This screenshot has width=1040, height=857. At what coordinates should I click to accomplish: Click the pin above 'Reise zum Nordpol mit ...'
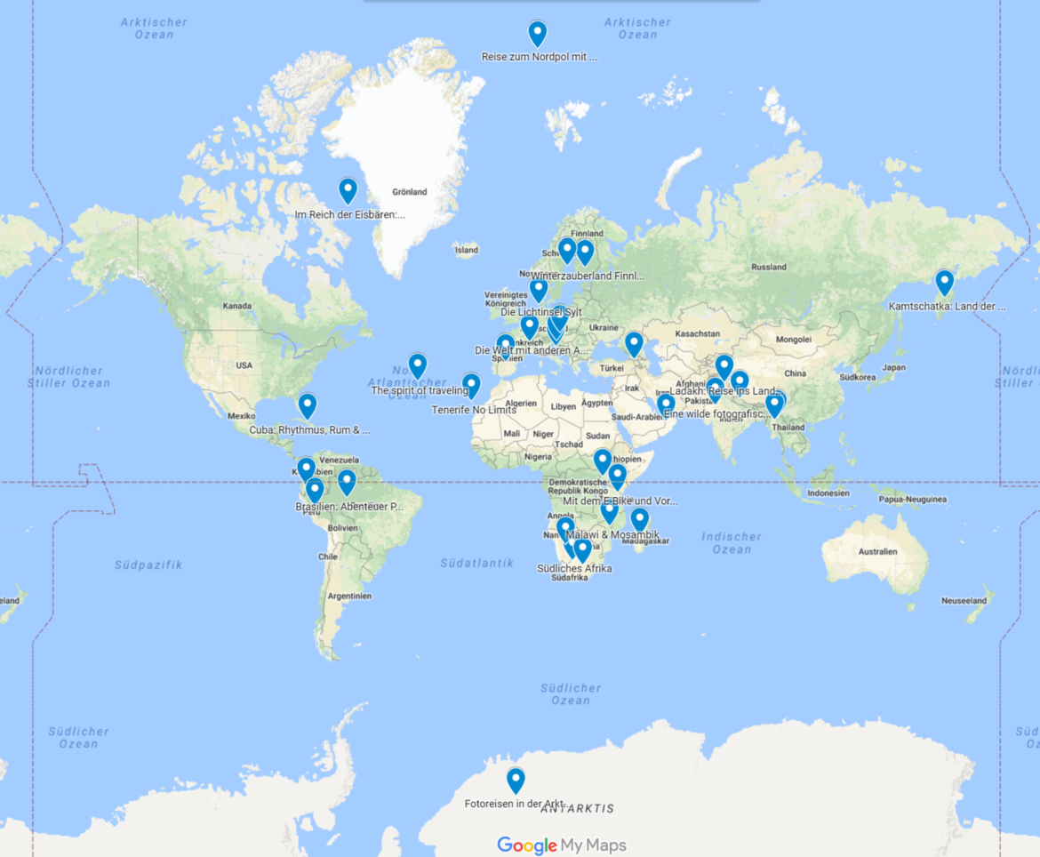point(537,33)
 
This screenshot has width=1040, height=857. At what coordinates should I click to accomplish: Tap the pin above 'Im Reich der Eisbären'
point(348,190)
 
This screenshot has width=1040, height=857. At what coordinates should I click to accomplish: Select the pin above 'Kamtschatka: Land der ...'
point(944,283)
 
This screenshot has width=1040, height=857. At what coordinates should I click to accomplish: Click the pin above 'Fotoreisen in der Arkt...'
point(516,780)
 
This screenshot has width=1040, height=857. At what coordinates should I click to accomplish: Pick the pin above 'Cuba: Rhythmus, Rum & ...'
point(308,405)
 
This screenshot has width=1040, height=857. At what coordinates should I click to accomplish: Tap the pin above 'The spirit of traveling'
point(418,364)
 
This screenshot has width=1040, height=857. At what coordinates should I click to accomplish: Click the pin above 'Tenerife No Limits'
point(471,385)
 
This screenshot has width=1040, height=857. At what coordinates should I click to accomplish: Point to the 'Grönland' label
point(409,192)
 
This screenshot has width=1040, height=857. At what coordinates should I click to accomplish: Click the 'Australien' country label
point(877,552)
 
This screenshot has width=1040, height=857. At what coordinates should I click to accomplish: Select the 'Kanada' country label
point(237,306)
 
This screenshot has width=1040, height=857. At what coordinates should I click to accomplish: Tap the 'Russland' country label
point(768,267)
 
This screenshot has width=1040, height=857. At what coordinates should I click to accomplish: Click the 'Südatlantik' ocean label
point(476,563)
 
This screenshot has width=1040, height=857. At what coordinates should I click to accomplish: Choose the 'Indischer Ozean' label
point(732,542)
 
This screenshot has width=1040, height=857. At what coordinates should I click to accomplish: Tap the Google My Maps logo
point(561,845)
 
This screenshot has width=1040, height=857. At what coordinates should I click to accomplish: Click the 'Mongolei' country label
point(794,339)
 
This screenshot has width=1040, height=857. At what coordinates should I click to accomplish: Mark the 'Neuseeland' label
point(964,601)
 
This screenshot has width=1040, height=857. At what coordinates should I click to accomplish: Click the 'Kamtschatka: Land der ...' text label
point(947,307)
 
